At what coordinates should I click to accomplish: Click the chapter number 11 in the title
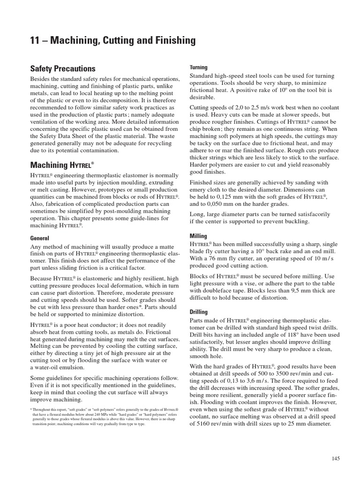[35, 41]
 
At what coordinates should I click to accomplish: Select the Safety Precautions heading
[63, 69]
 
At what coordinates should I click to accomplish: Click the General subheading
[40, 238]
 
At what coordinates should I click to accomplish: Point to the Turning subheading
[198, 67]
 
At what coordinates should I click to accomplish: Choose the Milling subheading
[198, 236]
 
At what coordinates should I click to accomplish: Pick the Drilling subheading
[199, 312]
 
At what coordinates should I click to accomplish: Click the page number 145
[335, 458]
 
